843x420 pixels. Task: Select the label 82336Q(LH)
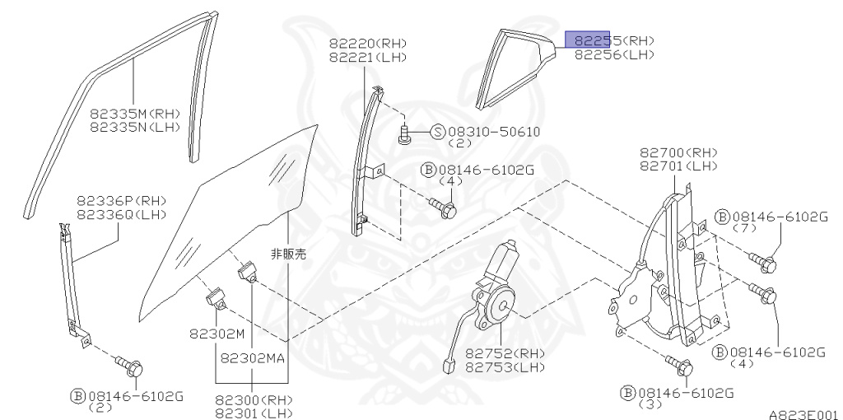click(x=122, y=215)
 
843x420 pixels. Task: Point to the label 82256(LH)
click(x=614, y=54)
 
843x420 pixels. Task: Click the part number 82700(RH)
click(x=678, y=152)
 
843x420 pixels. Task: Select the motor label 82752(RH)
click(x=505, y=353)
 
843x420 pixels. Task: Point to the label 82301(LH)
click(x=254, y=413)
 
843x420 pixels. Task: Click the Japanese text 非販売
click(x=287, y=254)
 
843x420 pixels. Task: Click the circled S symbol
click(x=437, y=132)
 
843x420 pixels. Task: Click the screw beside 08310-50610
click(x=405, y=133)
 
